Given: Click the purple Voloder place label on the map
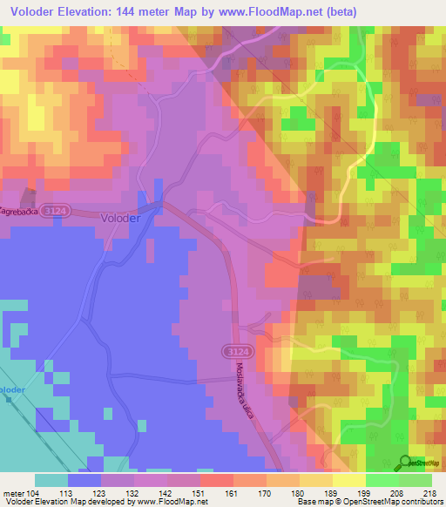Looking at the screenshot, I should [119, 219].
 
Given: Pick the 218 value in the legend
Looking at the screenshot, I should [431, 491].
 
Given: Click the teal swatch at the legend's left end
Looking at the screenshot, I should [51, 480].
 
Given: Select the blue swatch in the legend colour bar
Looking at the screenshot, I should [84, 480].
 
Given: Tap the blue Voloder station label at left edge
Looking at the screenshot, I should [11, 389].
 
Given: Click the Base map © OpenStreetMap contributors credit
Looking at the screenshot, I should [373, 502].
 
